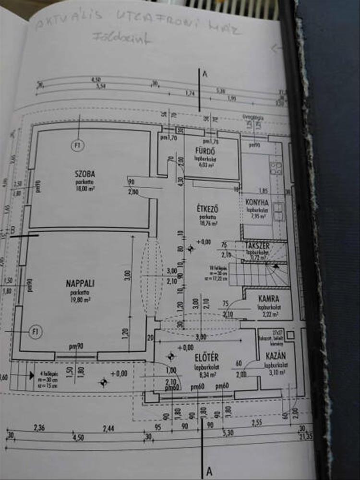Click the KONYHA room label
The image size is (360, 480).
click(257, 203)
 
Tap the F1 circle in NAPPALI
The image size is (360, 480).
click(35, 331)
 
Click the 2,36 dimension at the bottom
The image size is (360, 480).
click(38, 427)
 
